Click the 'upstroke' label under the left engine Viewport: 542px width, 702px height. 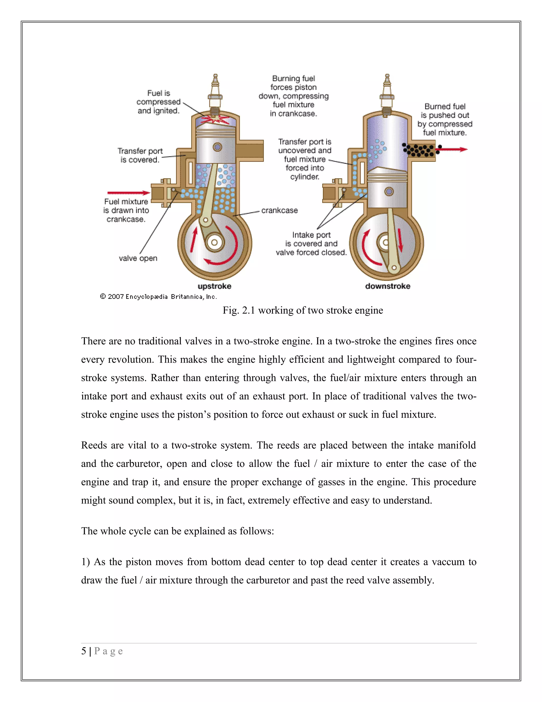[214, 286]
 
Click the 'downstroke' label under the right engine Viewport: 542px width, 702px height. [387, 286]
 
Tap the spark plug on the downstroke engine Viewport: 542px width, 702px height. [387, 92]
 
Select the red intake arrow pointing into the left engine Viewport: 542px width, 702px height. [128, 193]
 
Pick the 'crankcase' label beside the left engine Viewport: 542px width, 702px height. [279, 211]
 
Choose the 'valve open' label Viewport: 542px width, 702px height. [138, 259]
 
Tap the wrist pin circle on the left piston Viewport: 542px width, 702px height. [217, 147]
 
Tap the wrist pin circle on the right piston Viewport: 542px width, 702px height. [389, 192]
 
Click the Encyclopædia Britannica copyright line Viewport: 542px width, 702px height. [158, 297]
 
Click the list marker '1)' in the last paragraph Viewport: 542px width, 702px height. [85, 562]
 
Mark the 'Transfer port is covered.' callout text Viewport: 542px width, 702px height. [140, 155]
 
